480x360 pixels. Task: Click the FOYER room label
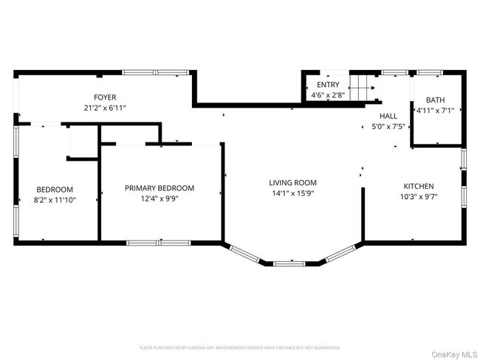(105, 97)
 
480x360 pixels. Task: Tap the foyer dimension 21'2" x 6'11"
(105, 108)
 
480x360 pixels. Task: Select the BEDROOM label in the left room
(55, 190)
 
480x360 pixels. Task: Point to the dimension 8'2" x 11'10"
(55, 200)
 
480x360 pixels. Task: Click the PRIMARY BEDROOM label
(160, 188)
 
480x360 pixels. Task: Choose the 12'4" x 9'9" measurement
(160, 198)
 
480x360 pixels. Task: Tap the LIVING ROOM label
(292, 183)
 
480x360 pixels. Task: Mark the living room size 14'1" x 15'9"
(292, 193)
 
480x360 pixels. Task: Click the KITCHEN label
(418, 186)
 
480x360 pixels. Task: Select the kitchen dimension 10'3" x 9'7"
(418, 197)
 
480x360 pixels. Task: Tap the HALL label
(388, 116)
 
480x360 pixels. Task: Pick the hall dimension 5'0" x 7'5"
(388, 127)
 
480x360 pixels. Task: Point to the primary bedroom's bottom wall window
(159, 242)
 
